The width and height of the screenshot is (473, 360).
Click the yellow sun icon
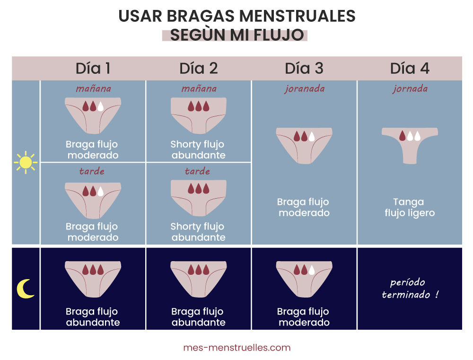26,162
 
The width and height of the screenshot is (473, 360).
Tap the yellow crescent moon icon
26,289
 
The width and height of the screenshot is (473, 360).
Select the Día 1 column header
93,69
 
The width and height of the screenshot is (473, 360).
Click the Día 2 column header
199,69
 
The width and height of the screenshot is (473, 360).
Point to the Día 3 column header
304,69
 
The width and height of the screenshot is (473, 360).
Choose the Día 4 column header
410,69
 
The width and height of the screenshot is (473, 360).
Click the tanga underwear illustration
410,146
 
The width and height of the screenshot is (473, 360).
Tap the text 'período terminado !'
410,288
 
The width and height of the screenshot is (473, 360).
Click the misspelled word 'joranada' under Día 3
304,89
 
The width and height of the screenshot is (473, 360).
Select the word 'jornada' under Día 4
410,89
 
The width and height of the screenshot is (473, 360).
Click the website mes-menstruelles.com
237,348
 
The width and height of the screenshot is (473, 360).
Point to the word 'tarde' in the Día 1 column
92,171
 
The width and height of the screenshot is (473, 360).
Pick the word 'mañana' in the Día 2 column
199,88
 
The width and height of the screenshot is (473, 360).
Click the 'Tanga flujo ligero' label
410,207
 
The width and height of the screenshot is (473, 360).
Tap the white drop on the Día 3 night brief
312,270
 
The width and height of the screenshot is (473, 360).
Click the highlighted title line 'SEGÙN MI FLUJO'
237,35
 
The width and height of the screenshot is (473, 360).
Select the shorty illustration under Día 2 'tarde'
199,198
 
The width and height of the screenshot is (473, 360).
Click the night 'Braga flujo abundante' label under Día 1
93,317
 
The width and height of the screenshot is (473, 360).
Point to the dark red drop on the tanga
403,136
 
